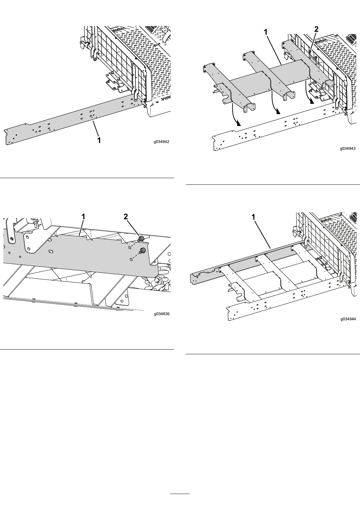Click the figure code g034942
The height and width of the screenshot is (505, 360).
[161, 142]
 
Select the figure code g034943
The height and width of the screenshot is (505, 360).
[348, 148]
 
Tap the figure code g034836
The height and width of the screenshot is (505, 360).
[162, 314]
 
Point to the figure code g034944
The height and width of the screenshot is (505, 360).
[348, 319]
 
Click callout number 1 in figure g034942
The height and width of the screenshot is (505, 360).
[99, 140]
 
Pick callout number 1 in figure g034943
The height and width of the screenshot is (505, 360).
[266, 32]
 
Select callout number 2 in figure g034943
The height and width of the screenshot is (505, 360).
[316, 29]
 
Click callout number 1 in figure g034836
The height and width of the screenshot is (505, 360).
[83, 217]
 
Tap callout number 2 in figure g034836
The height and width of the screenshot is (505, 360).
[125, 217]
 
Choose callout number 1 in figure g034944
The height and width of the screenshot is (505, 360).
[253, 217]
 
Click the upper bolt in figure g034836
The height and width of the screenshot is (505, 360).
[141, 239]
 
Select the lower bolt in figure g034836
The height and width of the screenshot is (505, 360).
[142, 250]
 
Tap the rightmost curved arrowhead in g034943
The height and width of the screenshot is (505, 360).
[312, 102]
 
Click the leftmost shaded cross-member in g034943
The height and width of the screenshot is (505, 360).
[228, 88]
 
